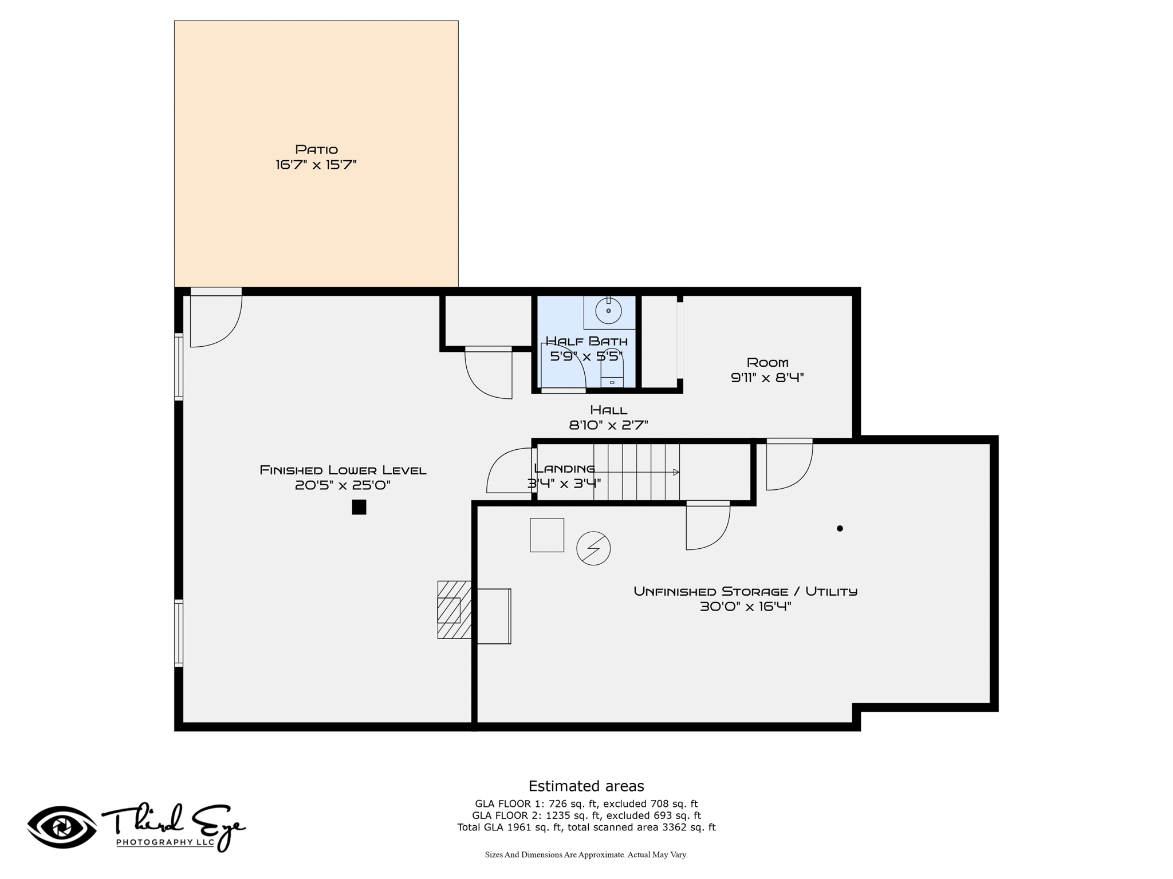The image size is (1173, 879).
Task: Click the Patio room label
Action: [316, 149]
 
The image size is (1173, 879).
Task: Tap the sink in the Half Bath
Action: [608, 311]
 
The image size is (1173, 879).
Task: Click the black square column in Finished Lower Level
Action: [359, 507]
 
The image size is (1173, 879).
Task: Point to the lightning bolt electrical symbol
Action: [593, 548]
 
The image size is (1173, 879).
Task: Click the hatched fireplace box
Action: [454, 609]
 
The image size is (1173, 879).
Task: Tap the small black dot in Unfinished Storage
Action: [840, 528]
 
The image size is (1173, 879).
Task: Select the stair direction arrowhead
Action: [676, 472]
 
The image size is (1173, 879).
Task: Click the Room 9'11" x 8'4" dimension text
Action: [767, 378]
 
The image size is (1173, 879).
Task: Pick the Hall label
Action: [609, 410]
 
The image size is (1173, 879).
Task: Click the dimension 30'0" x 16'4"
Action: [746, 607]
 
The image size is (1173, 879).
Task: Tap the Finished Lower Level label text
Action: [343, 470]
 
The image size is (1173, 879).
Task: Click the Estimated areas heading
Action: [586, 786]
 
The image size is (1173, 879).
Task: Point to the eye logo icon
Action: [62, 827]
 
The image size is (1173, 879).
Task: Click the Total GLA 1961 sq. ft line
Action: [586, 827]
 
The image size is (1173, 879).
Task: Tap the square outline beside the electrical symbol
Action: [547, 535]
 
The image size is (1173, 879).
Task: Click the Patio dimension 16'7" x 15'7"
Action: [316, 165]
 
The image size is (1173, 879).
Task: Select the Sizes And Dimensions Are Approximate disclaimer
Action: [586, 855]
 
